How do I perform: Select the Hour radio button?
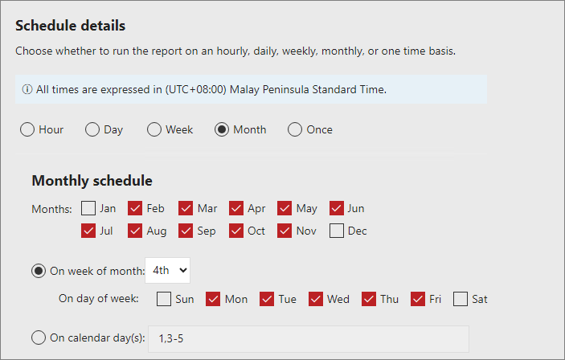tap(27, 129)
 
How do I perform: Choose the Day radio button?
tap(93, 129)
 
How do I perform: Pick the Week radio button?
tap(154, 129)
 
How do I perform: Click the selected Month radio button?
tap(222, 129)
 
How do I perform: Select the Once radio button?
tap(295, 129)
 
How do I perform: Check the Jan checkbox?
tap(89, 208)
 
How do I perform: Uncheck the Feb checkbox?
tap(136, 208)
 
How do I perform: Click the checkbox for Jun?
tap(337, 208)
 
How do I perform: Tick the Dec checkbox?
tap(337, 231)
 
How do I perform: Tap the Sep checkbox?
tap(186, 231)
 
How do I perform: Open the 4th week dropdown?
tap(167, 271)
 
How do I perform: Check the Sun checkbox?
tap(164, 299)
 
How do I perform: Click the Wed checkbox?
tap(316, 299)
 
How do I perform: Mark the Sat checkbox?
tap(461, 299)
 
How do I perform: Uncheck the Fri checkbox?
tap(418, 299)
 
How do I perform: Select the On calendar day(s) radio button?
tap(39, 338)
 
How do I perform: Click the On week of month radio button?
tap(39, 271)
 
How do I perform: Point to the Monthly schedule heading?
tap(92, 181)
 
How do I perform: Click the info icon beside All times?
tap(28, 89)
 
